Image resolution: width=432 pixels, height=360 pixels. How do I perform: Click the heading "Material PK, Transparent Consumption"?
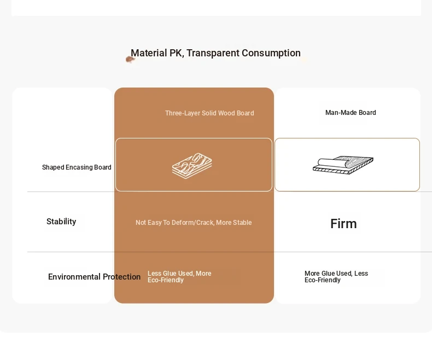coord(215,53)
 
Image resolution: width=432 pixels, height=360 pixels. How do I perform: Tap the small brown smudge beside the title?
coord(130,59)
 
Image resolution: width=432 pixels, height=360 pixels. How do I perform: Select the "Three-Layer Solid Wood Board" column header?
coord(209,113)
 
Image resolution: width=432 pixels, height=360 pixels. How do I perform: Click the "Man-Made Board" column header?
coord(351,113)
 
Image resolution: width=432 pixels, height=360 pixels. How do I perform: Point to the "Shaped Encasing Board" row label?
coord(77,167)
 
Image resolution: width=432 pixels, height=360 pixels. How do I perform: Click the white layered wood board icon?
coord(192,166)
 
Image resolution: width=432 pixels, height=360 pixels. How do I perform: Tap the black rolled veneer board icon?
coord(343,165)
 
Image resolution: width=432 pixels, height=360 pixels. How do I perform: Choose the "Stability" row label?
coord(61,222)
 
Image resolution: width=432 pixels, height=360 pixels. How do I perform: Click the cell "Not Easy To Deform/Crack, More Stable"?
coord(194,223)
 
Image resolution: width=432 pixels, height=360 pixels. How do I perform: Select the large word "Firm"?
coord(343,224)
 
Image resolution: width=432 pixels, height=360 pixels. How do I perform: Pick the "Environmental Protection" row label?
coord(94,277)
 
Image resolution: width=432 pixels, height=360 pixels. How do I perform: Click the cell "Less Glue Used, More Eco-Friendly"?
coord(179,277)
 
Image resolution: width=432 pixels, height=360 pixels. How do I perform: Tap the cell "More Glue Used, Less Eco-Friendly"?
coord(336,277)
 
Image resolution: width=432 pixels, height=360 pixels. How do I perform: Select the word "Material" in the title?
coord(149,53)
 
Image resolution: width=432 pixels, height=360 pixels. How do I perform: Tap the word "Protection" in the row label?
coord(121,277)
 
